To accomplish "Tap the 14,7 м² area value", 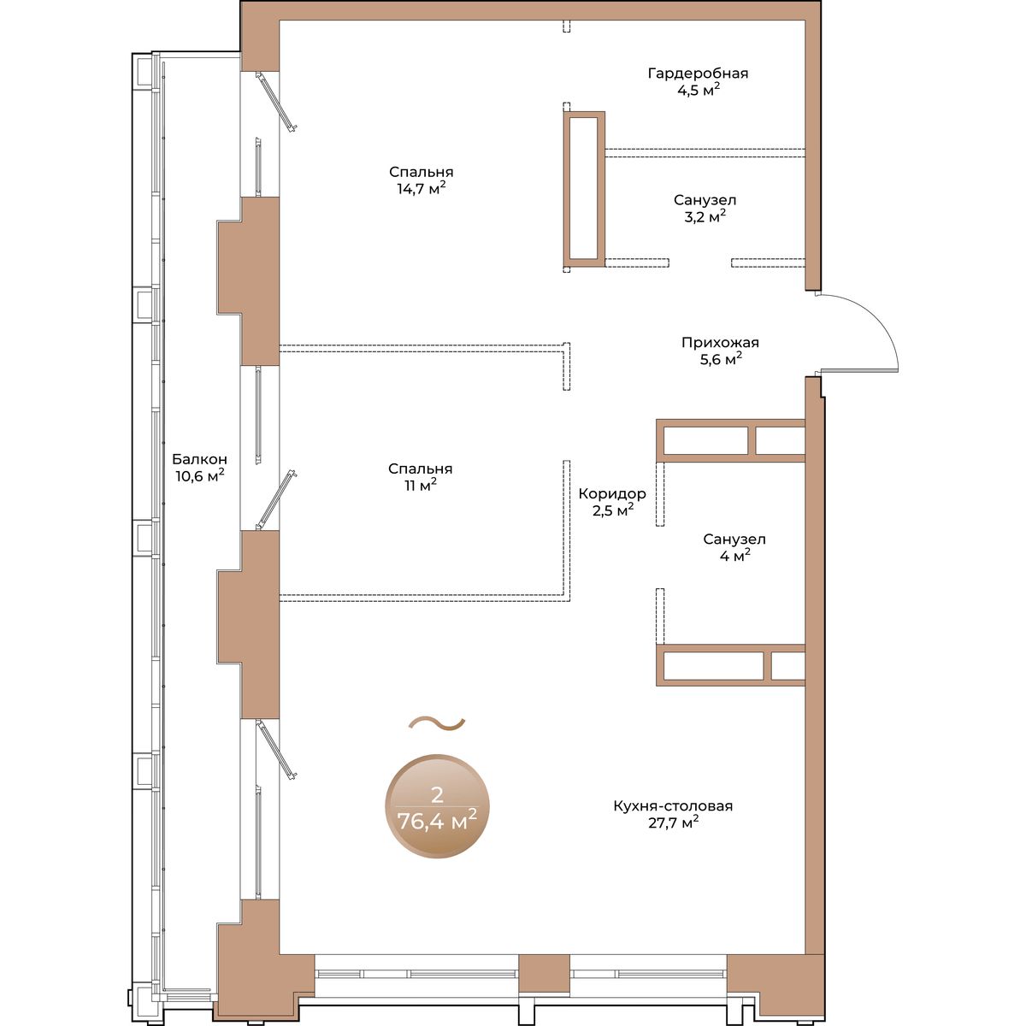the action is [x=422, y=188].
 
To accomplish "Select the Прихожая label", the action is [x=720, y=342].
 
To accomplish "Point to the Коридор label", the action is [x=612, y=493].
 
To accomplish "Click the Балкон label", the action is [x=200, y=458].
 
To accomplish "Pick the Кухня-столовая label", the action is [x=673, y=805].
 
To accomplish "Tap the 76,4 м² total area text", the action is [x=437, y=821].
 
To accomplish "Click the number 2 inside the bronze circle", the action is [x=437, y=795].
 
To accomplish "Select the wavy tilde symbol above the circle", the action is [x=437, y=723].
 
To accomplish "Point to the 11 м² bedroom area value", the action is [x=420, y=485].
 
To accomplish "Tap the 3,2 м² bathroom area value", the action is [x=705, y=216].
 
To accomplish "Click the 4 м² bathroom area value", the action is [x=734, y=556].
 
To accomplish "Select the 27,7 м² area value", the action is [x=673, y=823].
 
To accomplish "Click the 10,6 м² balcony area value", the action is [x=200, y=475].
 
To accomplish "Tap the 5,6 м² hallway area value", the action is [x=721, y=359].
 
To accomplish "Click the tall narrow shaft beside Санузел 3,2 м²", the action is [x=584, y=188].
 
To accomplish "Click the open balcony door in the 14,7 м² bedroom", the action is [x=275, y=101].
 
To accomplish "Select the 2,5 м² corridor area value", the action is [x=613, y=510].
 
